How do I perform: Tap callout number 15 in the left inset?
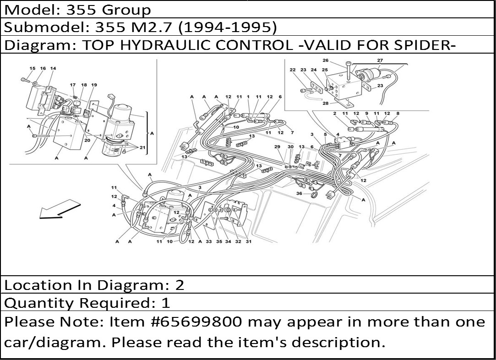33,68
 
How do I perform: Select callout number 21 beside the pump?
142,147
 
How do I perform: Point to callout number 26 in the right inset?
326,60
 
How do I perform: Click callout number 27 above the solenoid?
380,60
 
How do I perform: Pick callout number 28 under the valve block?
326,103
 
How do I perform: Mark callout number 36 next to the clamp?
299,193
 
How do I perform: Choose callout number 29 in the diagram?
278,147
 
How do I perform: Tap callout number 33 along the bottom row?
209,242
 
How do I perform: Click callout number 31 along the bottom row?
249,242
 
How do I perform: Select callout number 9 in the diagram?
367,113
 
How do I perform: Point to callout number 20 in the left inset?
87,140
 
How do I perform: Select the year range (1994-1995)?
228,27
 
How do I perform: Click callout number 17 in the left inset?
73,85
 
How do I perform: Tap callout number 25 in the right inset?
325,70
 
